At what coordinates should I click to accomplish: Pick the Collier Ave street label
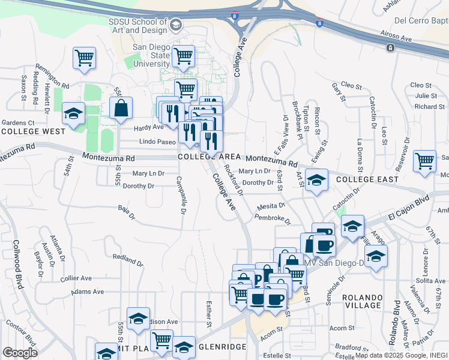point(76,278)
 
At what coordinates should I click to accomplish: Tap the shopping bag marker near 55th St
point(121,108)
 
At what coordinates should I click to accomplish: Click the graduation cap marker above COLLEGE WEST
point(74,113)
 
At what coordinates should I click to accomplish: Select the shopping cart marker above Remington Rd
point(85,58)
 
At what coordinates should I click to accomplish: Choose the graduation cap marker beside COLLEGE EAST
point(316,179)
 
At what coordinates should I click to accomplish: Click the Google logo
point(20,353)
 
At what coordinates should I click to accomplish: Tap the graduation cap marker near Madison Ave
point(138,318)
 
